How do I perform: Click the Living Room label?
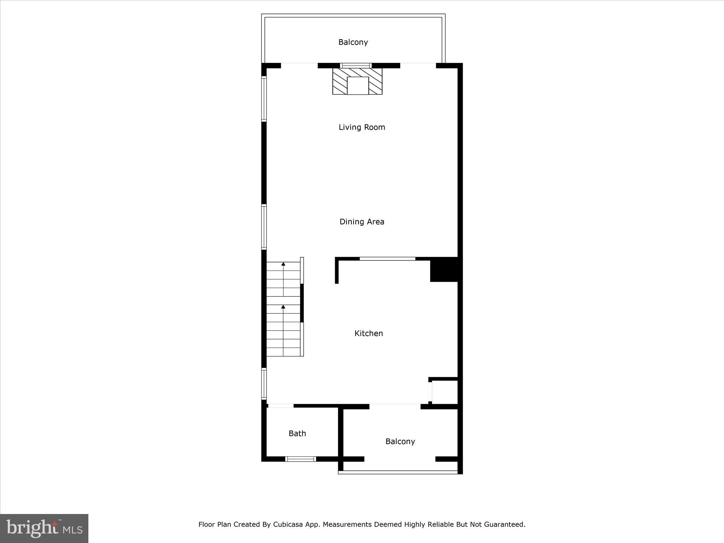[362, 127]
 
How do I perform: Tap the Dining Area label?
[362, 222]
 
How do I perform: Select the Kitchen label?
[368, 333]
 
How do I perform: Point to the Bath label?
[297, 433]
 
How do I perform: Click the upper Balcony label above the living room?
[353, 42]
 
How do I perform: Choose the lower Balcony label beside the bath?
[400, 441]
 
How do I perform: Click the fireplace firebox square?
[358, 86]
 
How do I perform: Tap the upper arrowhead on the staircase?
[283, 264]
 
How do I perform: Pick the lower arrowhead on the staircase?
[283, 307]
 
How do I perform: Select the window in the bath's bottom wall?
[300, 459]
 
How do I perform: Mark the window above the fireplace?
[356, 65]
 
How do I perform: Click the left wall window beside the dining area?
[264, 227]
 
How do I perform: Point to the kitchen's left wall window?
[264, 384]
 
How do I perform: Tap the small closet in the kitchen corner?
[444, 392]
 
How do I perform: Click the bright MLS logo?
[44, 528]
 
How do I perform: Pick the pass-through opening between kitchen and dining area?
[387, 259]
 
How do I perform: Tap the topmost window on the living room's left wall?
[264, 99]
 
